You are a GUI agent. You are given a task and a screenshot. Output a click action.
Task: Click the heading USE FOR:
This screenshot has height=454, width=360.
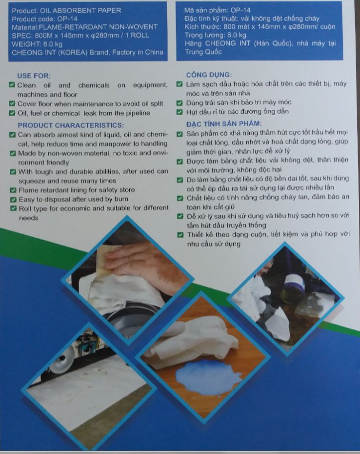(34, 76)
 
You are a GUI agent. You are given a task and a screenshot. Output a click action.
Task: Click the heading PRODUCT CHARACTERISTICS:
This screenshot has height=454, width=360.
(71, 125)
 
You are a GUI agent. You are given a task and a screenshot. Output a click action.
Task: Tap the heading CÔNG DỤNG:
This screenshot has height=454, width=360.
(209, 75)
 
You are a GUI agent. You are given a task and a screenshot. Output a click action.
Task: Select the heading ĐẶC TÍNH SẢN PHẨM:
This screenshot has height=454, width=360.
(224, 124)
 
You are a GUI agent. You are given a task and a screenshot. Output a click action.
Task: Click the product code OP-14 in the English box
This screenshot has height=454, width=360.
(67, 19)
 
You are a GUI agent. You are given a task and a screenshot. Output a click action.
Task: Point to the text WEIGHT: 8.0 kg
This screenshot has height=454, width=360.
(37, 44)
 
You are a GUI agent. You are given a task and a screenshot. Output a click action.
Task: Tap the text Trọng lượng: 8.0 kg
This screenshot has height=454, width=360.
(216, 35)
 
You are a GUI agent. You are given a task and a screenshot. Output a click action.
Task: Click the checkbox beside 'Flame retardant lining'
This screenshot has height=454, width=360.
(13, 190)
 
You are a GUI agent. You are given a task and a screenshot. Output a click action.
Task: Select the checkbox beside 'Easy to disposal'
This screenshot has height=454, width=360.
(13, 200)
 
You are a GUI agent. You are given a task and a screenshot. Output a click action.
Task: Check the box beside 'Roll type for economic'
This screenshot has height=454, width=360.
(13, 208)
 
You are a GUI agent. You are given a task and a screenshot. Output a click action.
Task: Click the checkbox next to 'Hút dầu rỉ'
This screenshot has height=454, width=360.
(180, 112)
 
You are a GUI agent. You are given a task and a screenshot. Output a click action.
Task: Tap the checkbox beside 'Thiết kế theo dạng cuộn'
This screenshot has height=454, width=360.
(180, 234)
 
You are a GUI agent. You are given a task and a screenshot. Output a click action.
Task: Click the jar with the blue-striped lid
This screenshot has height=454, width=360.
(293, 287)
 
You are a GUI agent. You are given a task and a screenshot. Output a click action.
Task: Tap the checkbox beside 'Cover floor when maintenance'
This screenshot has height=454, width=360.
(12, 103)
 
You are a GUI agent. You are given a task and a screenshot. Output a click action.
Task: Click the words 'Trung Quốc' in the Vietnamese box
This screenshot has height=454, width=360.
(203, 52)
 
